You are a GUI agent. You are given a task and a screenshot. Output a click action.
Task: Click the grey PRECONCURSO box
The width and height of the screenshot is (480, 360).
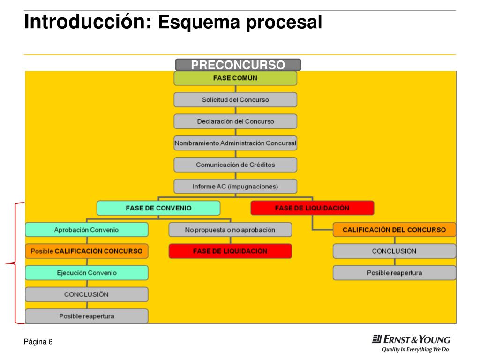tap(238, 65)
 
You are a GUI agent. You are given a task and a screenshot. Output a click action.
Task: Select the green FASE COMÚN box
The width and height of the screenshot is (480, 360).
tap(235, 78)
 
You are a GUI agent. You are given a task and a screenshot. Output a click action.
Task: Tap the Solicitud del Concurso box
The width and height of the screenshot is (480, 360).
tap(235, 99)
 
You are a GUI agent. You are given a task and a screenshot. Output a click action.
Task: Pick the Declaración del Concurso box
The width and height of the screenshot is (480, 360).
tap(235, 121)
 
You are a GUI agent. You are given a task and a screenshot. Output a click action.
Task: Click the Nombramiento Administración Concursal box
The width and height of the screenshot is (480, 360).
tap(235, 142)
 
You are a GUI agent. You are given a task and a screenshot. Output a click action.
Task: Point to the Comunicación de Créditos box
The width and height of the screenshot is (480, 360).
tap(235, 165)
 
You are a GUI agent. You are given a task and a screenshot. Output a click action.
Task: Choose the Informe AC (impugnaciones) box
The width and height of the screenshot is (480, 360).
tap(235, 186)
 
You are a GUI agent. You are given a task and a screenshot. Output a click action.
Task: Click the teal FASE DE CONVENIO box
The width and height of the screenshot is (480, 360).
tap(158, 208)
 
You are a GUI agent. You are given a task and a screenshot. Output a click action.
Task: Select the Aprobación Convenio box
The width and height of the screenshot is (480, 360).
tap(87, 229)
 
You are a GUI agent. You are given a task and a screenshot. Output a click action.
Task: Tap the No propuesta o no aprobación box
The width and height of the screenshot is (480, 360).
tap(230, 229)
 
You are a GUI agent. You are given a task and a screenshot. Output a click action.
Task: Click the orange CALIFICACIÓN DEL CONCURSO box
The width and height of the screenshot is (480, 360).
tap(394, 229)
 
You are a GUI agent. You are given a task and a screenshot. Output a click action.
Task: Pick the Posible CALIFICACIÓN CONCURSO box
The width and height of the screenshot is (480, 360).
tap(87, 251)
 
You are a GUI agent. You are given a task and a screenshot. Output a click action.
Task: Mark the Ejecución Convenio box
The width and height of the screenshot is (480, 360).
tap(87, 272)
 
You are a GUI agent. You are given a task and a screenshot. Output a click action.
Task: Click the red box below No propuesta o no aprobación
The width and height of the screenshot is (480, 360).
tap(230, 251)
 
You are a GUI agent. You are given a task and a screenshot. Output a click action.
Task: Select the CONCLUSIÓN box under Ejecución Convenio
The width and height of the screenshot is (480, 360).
tap(87, 294)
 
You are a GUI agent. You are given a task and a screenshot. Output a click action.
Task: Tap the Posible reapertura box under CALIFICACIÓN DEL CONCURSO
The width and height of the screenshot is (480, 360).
tap(394, 272)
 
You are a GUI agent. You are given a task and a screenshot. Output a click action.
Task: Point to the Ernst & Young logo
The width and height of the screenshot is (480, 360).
tap(411, 339)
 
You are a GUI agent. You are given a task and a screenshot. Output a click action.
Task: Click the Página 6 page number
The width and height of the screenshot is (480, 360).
tap(38, 342)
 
